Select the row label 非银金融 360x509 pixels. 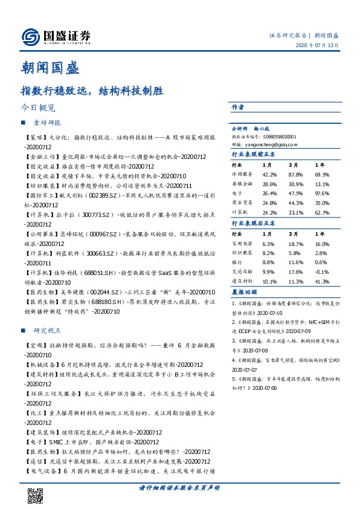(243, 184)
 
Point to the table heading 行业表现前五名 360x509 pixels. (254, 155)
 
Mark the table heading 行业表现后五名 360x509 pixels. (254, 224)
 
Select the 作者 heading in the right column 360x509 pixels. (238, 107)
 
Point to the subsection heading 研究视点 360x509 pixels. (48, 331)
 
